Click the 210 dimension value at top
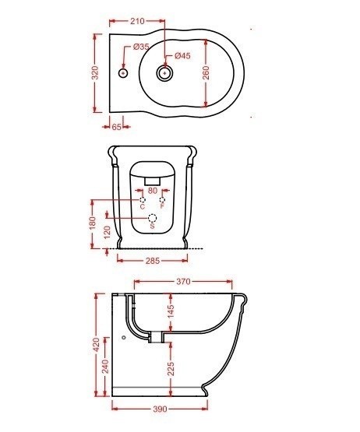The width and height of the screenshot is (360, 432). pyautogui.click(x=137, y=21)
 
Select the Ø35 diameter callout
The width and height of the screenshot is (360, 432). pyautogui.click(x=141, y=47)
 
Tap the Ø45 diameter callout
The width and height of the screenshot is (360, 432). pyautogui.click(x=182, y=55)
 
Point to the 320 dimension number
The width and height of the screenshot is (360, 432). pyautogui.click(x=95, y=72)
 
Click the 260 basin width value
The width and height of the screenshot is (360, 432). pyautogui.click(x=206, y=72)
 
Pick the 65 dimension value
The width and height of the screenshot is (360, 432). pyautogui.click(x=117, y=127)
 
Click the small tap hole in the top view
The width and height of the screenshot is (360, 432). pyautogui.click(x=123, y=73)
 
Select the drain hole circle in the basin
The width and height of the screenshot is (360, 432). pyautogui.click(x=165, y=73)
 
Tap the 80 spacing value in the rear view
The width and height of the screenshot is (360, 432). pyautogui.click(x=153, y=191)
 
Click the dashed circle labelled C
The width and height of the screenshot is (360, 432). pyautogui.click(x=143, y=200)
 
